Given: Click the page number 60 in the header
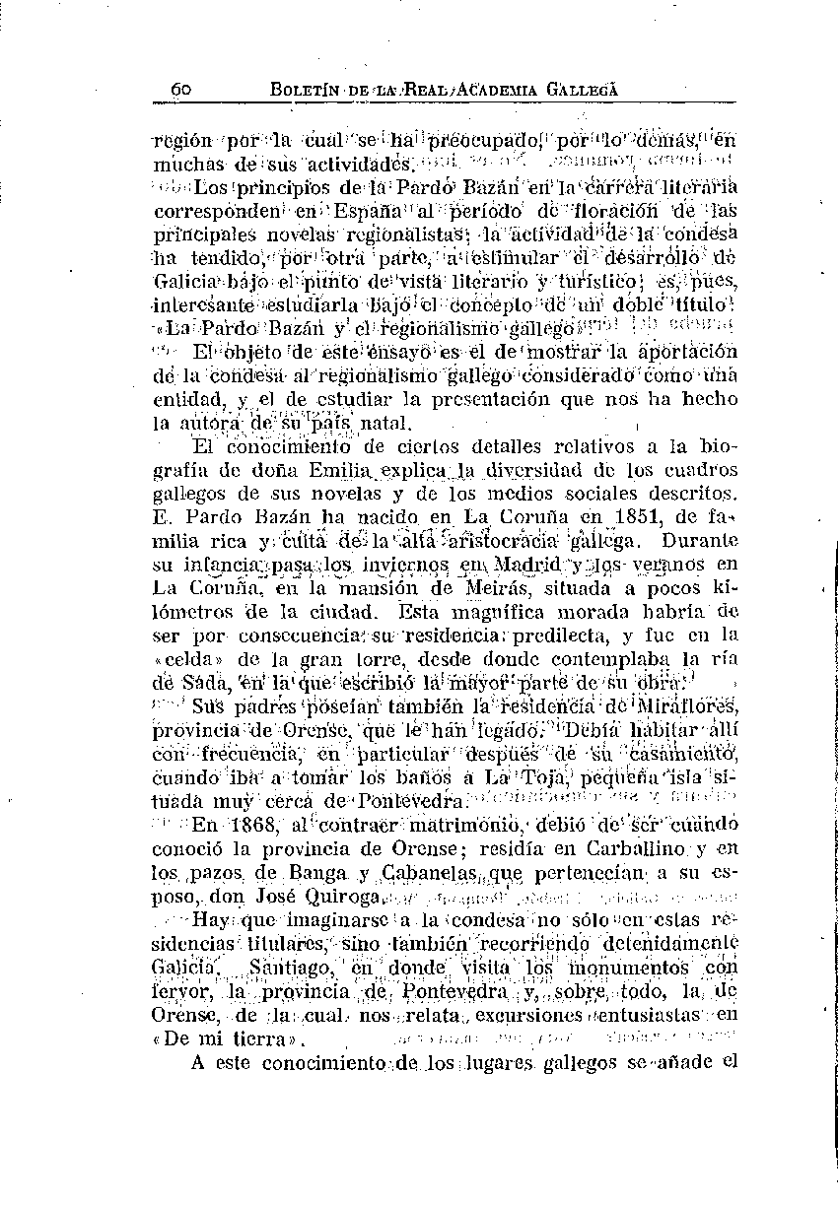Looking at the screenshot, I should coord(180,89).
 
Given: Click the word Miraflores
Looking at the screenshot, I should coord(690,706).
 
